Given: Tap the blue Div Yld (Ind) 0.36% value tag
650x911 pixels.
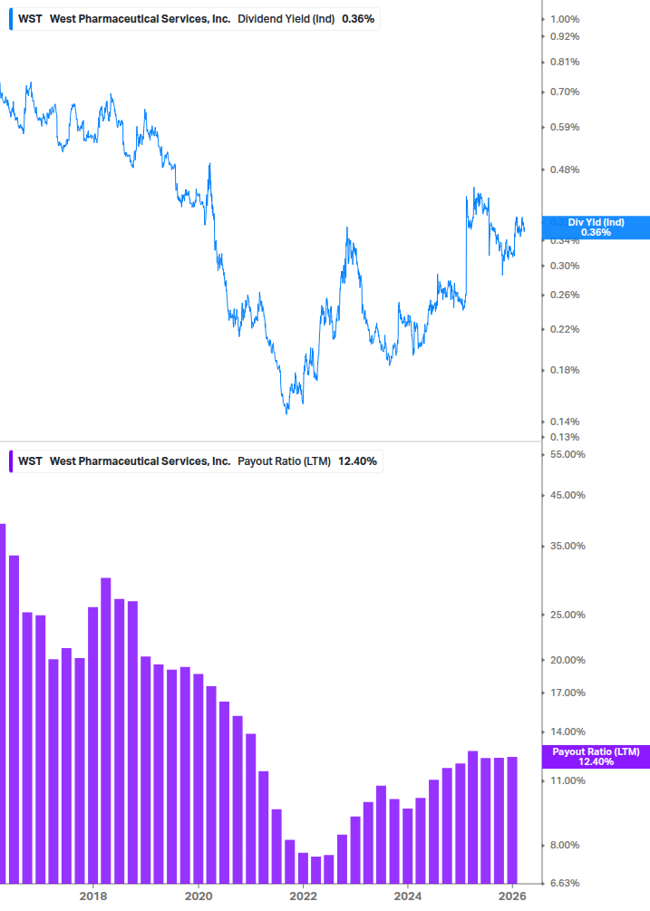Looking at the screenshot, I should (596, 228).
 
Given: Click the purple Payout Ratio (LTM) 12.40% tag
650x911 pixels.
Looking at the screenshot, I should (596, 757).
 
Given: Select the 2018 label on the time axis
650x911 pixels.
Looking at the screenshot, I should (92, 896).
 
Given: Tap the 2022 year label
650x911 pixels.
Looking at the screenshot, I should (303, 896).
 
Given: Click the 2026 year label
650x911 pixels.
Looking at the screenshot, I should (513, 896).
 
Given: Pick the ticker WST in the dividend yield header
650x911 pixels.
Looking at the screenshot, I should (30, 19).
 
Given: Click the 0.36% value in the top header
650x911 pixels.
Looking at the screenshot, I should (358, 19).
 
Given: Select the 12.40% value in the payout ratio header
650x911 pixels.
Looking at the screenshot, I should (357, 461).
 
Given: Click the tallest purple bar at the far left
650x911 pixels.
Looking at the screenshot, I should (2, 703).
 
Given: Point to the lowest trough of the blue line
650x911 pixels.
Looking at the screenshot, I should (287, 413).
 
